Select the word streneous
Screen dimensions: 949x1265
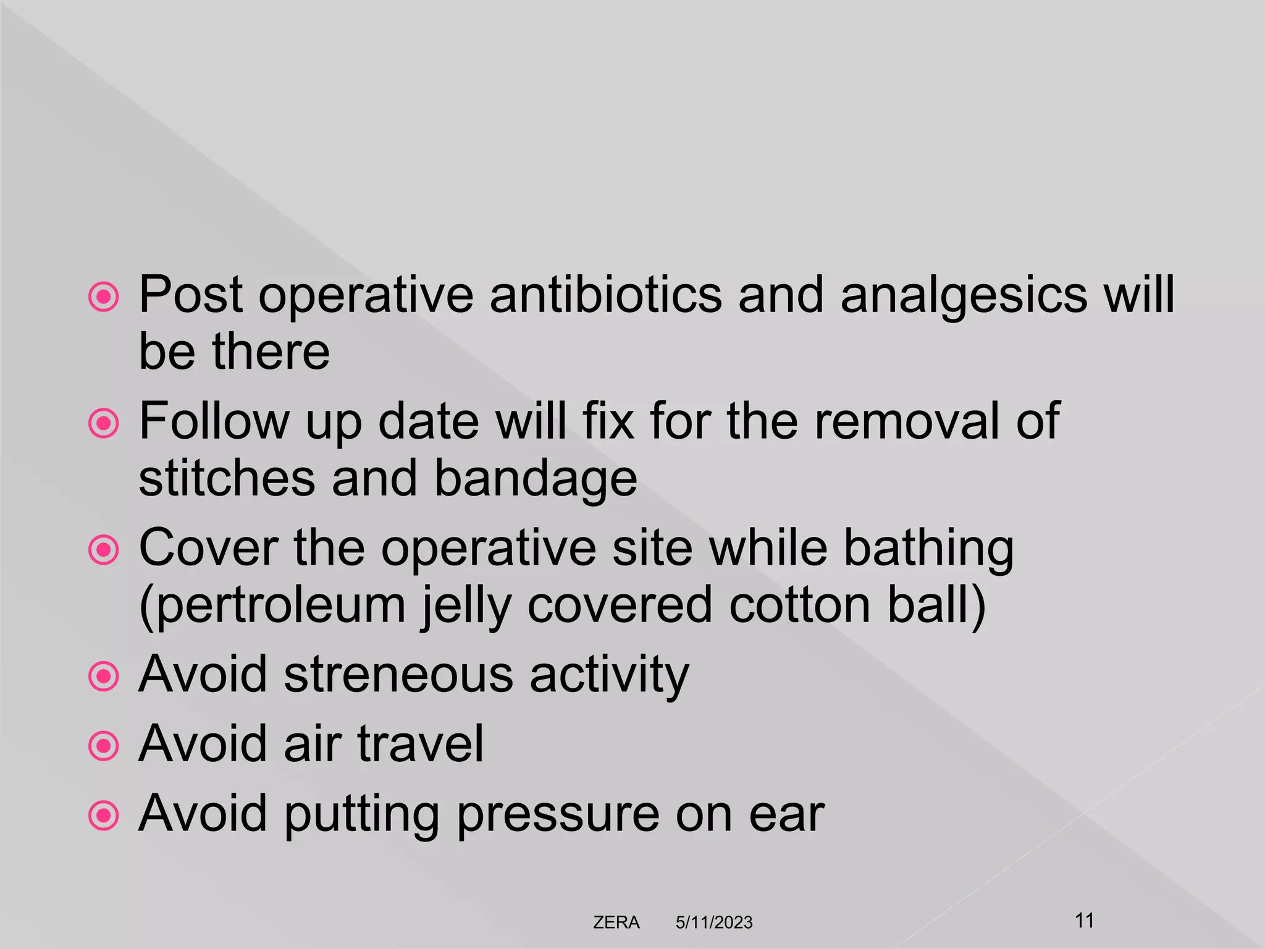click(x=398, y=674)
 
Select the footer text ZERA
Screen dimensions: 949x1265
click(x=616, y=922)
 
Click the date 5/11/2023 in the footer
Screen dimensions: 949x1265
click(x=714, y=922)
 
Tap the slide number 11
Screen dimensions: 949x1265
click(x=1085, y=920)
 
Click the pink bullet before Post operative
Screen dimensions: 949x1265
click(x=104, y=297)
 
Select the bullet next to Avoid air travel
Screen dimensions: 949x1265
click(x=104, y=746)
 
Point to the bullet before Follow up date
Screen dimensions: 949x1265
click(x=104, y=424)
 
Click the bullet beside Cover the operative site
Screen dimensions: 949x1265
click(x=104, y=550)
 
